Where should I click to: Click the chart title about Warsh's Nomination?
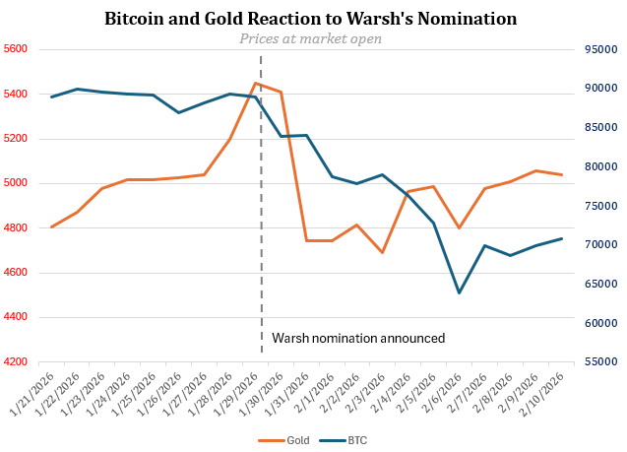click(312, 19)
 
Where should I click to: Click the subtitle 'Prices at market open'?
click(311, 38)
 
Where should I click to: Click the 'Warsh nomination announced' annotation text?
click(358, 338)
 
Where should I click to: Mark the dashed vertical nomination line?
click(261, 197)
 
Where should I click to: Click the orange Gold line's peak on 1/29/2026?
click(256, 83)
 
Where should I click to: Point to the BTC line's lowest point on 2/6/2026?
click(459, 292)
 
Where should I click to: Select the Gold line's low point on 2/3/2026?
click(383, 253)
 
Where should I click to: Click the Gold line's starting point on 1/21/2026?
click(51, 227)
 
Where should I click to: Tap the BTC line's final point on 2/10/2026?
click(561, 238)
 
